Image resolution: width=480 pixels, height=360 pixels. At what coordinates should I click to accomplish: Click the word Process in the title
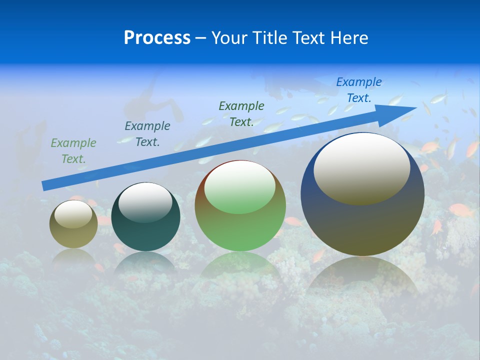click(x=157, y=38)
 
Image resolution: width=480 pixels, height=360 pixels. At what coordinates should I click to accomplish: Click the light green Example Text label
click(x=73, y=151)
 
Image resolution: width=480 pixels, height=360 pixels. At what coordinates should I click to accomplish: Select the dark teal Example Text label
click(x=147, y=134)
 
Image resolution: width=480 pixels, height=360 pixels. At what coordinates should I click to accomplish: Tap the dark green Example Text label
click(x=241, y=113)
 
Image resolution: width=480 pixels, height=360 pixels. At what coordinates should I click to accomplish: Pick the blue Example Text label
click(x=358, y=90)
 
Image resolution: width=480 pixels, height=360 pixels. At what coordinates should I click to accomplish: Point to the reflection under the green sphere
click(x=240, y=265)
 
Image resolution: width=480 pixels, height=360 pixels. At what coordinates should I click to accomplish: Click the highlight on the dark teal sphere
click(x=145, y=202)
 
